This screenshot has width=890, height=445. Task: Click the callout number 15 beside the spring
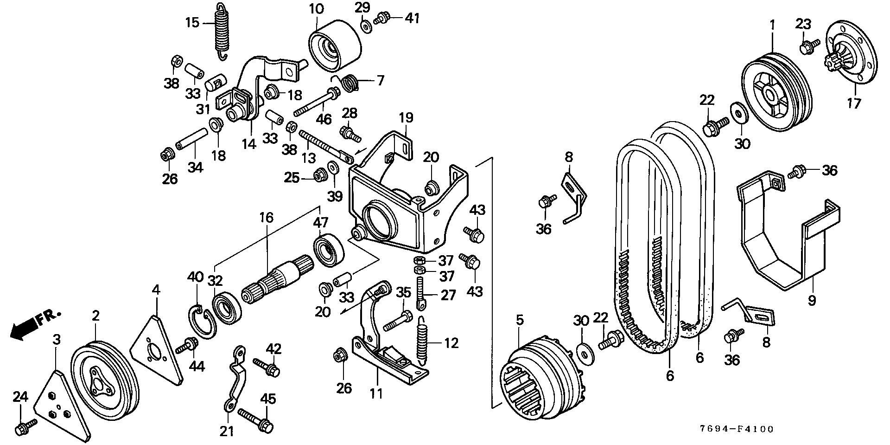click(x=192, y=22)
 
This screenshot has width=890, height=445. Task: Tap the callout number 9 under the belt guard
click(x=811, y=301)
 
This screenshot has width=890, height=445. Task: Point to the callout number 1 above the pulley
click(x=772, y=26)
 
